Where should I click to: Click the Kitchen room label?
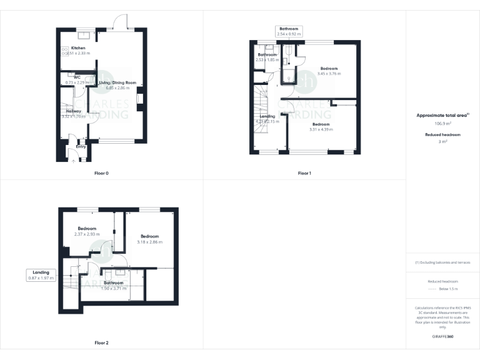pos(78,48)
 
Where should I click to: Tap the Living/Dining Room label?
pos(117,82)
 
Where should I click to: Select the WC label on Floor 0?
pos(77,77)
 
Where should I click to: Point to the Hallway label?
pos(74,111)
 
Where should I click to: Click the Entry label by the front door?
pos(81,147)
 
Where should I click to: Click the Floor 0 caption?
pos(101,172)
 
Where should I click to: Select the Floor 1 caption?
pos(304,172)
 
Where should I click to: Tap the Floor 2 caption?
pos(101,342)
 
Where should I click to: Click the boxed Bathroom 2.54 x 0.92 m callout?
pos(289,31)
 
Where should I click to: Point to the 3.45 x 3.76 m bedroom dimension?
pos(329,74)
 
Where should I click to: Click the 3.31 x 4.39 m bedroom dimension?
pos(321,129)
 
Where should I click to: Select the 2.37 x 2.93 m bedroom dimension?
pos(87,234)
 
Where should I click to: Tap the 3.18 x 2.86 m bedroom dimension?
pos(149,241)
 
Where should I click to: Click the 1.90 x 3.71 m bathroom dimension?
pos(113,288)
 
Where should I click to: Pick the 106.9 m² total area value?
pos(442,124)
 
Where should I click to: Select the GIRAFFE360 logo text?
pos(442,337)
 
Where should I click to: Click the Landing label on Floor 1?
pos(267,116)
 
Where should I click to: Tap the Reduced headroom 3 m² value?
pos(442,142)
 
